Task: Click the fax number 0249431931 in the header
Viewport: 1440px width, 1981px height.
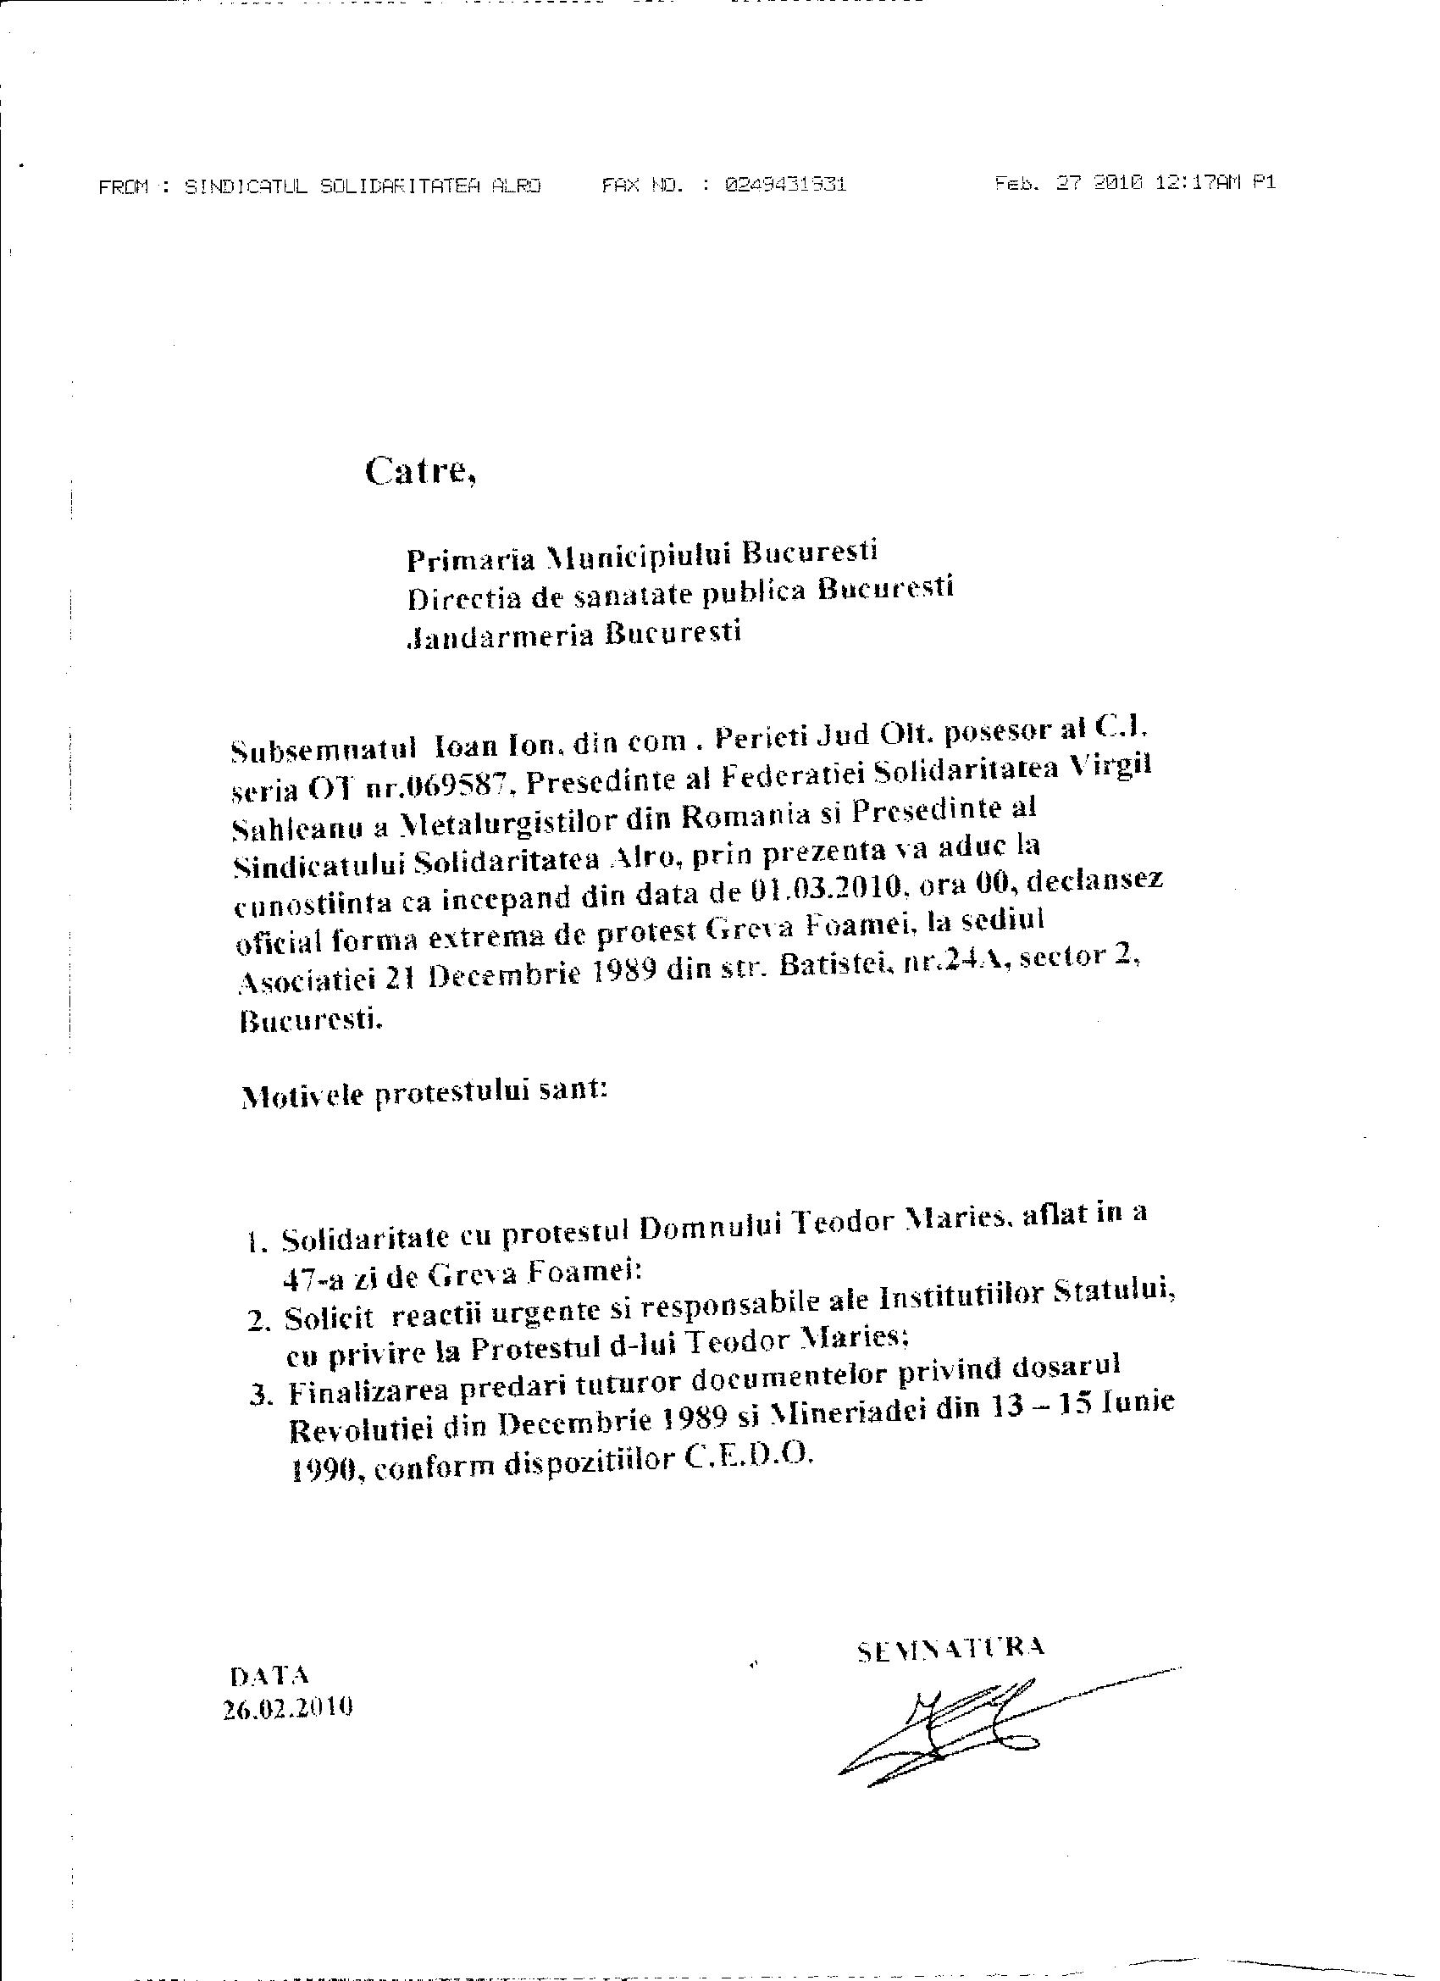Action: (x=785, y=185)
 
